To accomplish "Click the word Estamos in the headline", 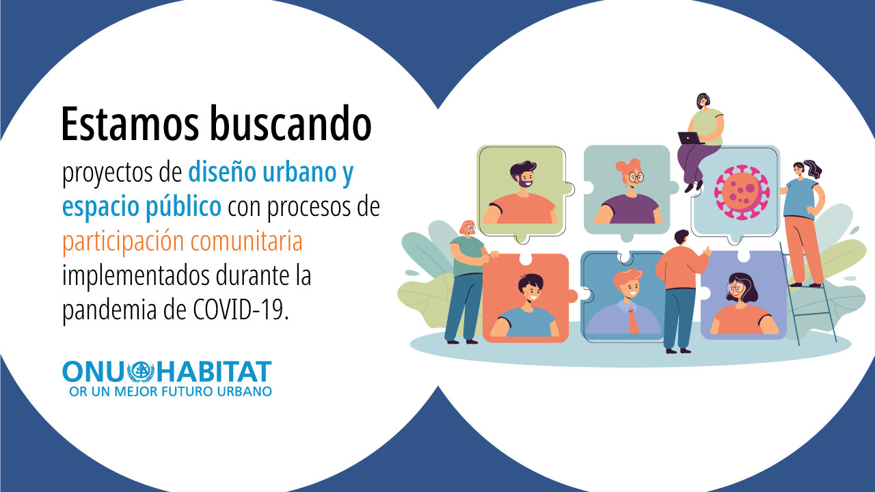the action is (130, 124).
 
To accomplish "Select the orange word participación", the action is (123, 242).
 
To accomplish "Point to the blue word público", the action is (183, 207).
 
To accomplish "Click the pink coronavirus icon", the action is (742, 192).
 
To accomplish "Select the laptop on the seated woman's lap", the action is (690, 138).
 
